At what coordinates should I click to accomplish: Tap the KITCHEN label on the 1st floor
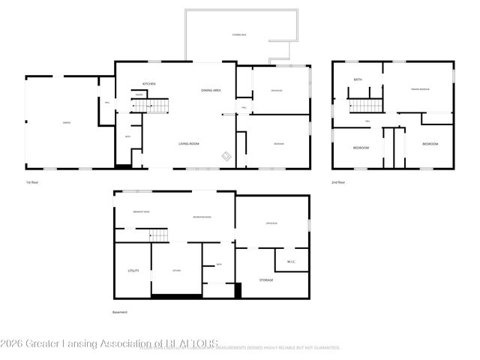click(149, 83)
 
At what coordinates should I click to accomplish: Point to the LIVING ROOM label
click(188, 143)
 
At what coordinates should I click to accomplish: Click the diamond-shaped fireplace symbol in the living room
click(226, 155)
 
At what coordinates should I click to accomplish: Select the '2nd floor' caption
click(338, 181)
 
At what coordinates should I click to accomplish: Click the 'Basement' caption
click(120, 312)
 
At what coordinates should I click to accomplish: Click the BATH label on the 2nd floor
click(358, 79)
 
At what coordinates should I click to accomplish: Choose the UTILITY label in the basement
click(133, 270)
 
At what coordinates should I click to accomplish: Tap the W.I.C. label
click(291, 262)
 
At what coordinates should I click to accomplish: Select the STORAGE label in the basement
click(266, 280)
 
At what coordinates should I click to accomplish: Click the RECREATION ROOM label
click(201, 217)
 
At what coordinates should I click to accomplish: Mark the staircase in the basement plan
click(160, 236)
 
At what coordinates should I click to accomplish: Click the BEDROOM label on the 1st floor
click(278, 143)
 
